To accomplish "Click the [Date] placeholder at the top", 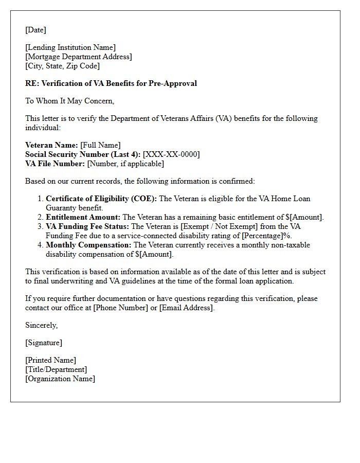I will (35, 30).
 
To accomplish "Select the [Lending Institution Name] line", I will (70, 47).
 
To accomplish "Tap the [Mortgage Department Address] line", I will (78, 57).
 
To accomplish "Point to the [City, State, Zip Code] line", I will (62, 66).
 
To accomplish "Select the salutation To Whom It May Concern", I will (69, 101).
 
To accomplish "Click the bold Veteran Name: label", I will (51, 145).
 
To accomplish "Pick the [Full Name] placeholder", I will (100, 145).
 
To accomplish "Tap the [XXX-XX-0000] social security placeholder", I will (171, 154).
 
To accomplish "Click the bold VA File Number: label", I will (55, 164).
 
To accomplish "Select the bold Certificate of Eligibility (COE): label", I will (101, 199).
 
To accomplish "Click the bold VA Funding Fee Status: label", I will (87, 226).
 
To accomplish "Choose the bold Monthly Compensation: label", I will (88, 245).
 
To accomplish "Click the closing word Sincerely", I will (41, 325).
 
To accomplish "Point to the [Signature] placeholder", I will (44, 343).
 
